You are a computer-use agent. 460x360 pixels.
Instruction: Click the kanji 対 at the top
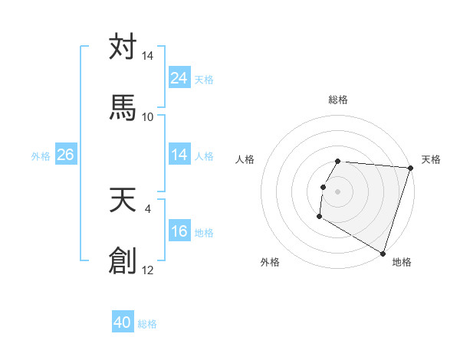123,47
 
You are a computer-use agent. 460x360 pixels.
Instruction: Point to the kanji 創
123,260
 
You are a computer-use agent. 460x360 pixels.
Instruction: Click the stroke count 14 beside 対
148,57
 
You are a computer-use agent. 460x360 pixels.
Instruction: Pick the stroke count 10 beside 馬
148,116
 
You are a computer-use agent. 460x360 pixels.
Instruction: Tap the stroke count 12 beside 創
148,270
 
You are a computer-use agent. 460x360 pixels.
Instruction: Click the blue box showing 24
179,77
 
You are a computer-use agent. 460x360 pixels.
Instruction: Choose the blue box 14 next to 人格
179,155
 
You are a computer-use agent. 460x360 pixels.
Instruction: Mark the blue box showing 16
179,231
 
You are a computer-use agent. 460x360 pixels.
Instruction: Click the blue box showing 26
65,155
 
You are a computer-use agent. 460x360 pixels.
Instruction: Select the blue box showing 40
123,322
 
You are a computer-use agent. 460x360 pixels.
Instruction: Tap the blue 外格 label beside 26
41,155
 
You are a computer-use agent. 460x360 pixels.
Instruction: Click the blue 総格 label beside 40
147,323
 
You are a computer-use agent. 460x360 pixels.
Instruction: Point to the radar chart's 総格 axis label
338,100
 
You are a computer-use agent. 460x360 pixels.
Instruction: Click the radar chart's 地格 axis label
402,262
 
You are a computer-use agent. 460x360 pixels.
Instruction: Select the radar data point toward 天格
411,168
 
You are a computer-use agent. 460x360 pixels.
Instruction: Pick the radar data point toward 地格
383,253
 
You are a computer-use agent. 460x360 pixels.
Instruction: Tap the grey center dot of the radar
338,189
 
